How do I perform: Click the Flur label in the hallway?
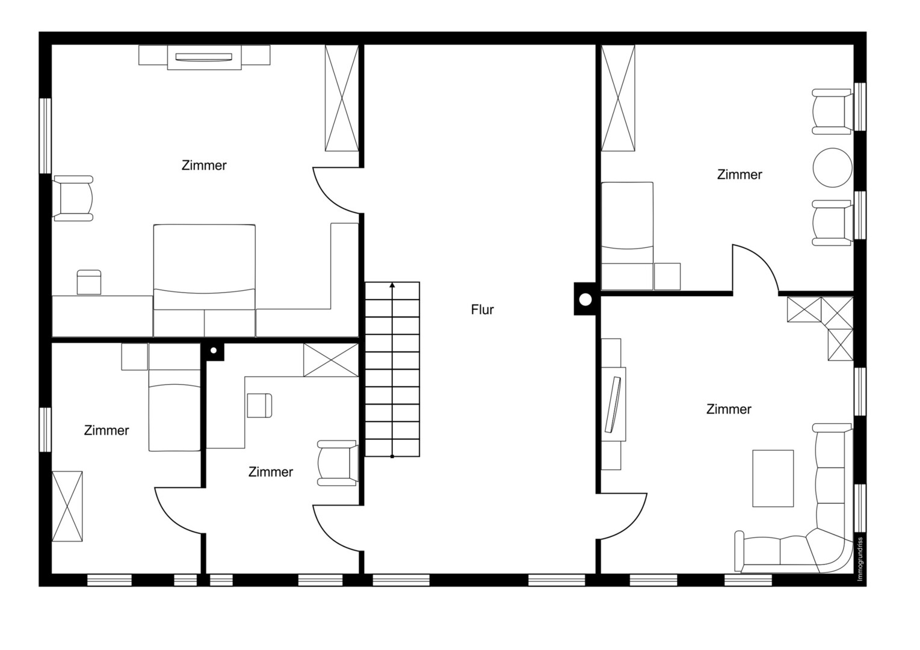(x=482, y=309)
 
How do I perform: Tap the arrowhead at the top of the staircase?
(x=392, y=285)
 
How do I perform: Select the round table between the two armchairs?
(x=833, y=168)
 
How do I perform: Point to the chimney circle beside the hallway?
(x=585, y=300)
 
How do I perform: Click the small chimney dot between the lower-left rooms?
(x=214, y=350)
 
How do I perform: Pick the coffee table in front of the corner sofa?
(x=773, y=478)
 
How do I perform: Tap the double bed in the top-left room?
(x=204, y=280)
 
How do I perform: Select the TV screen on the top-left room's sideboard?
(x=204, y=57)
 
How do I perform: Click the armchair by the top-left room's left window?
(x=73, y=199)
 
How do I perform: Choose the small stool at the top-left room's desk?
(x=89, y=282)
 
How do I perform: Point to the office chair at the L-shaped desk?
(x=259, y=406)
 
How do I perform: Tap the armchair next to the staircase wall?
(x=338, y=463)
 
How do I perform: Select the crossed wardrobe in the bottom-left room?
(x=67, y=506)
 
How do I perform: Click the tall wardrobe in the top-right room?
(x=618, y=98)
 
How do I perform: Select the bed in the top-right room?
(x=627, y=237)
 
